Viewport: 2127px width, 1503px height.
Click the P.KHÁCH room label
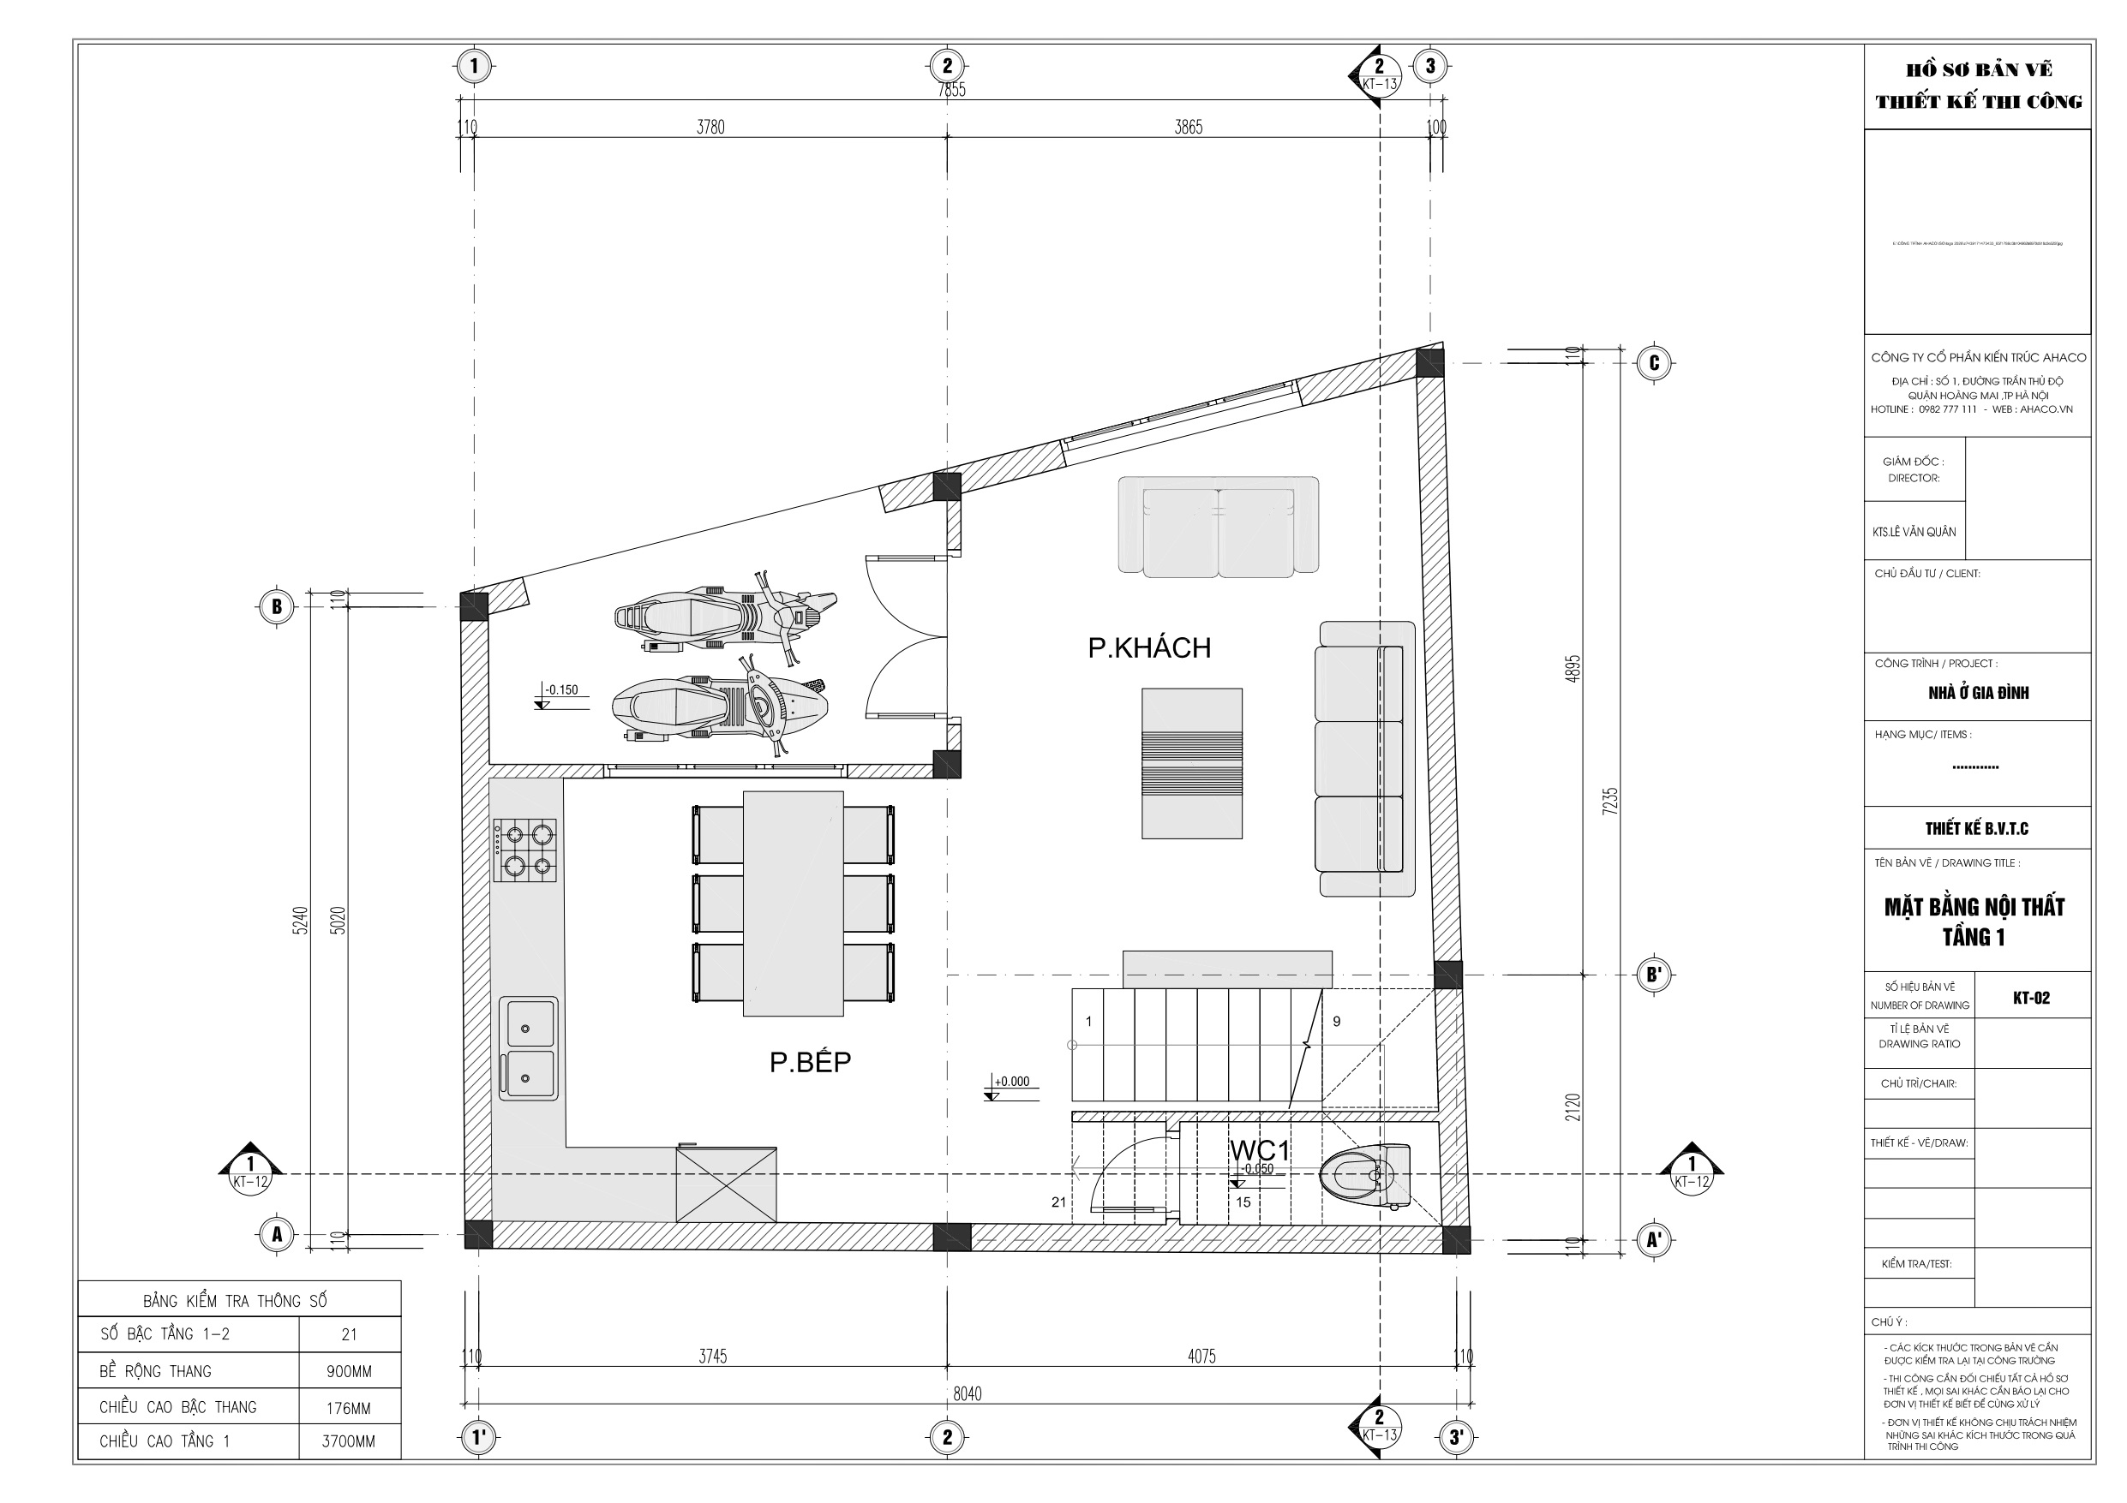[1148, 647]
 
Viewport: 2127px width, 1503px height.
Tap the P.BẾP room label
[810, 1061]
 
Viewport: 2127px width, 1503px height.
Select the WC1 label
[1259, 1150]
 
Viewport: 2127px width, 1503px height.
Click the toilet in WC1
[1364, 1176]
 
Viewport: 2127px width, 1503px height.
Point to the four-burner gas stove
[524, 850]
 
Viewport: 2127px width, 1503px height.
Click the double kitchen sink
[528, 1048]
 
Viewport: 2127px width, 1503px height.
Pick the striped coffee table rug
[1191, 763]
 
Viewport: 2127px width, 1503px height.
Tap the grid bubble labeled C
[1655, 362]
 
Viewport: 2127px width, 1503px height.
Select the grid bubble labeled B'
[1654, 975]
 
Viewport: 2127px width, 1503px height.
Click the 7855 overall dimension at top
[951, 90]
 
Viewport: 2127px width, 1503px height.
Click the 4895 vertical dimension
[1572, 669]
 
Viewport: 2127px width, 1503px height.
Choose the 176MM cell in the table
[348, 1409]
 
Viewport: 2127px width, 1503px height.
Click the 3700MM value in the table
[348, 1442]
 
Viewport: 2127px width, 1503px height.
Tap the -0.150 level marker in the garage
[561, 690]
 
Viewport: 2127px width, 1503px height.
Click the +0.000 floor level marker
[1011, 1082]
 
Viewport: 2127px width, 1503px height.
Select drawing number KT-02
[2031, 999]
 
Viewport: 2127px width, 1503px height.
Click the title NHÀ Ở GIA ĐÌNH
[1978, 693]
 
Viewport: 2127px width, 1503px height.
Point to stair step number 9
[1336, 1022]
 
